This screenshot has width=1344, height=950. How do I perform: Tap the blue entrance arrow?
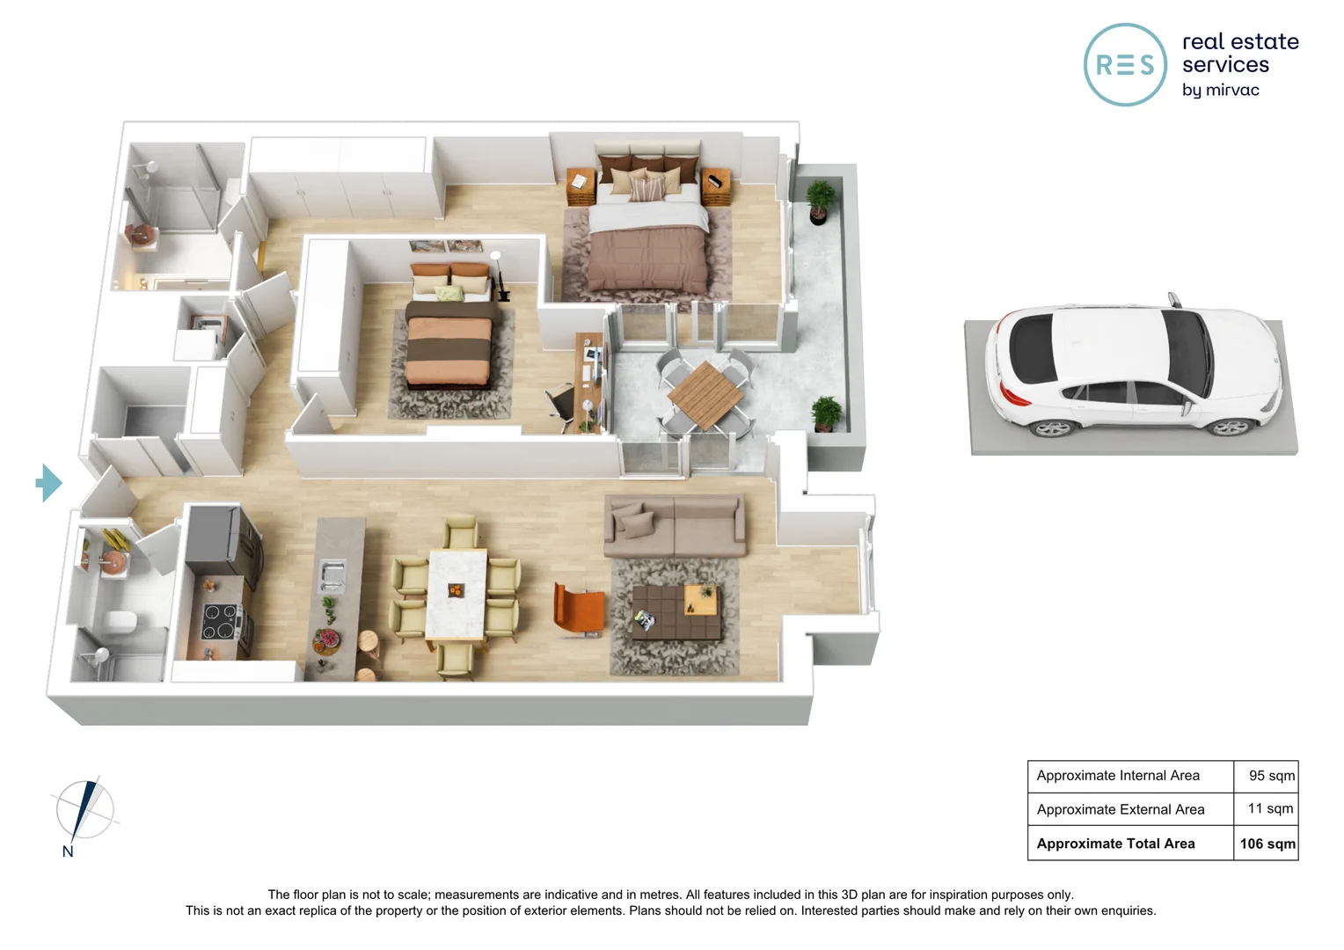[x=49, y=483]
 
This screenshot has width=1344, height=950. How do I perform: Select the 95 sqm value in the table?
[x=1271, y=775]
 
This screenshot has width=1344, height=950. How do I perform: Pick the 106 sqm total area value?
[x=1267, y=844]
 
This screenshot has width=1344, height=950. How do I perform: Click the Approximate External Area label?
[x=1121, y=809]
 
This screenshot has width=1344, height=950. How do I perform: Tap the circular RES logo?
[x=1125, y=65]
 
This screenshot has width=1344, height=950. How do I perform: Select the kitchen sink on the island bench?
[x=332, y=574]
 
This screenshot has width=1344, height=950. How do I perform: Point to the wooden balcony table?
[x=705, y=395]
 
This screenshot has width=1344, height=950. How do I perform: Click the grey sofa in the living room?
[x=675, y=525]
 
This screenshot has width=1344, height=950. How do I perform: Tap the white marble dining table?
[x=456, y=594]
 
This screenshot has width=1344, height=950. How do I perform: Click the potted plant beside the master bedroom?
[x=820, y=201]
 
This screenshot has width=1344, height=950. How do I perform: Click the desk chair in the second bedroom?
[x=561, y=406]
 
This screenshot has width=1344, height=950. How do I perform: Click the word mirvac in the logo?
[x=1232, y=90]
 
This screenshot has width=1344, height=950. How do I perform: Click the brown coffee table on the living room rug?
[x=676, y=612]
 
